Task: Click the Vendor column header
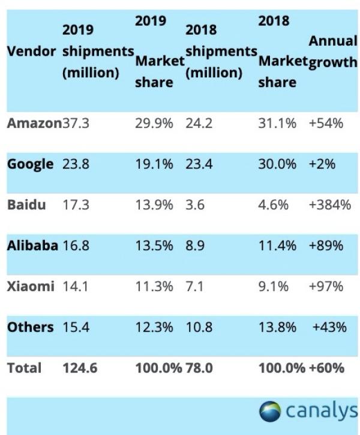(x=32, y=52)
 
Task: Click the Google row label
(x=30, y=164)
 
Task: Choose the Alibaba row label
(x=32, y=245)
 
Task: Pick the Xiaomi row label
(x=31, y=286)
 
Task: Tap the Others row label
(x=30, y=327)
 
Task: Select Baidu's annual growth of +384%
(x=329, y=205)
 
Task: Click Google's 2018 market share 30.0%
(x=277, y=164)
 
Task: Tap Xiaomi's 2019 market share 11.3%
(x=154, y=286)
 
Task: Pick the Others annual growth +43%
(x=329, y=327)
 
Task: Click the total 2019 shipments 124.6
(x=79, y=367)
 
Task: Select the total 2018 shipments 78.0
(x=199, y=367)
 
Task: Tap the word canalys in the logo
(x=321, y=411)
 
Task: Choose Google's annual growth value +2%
(x=322, y=164)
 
